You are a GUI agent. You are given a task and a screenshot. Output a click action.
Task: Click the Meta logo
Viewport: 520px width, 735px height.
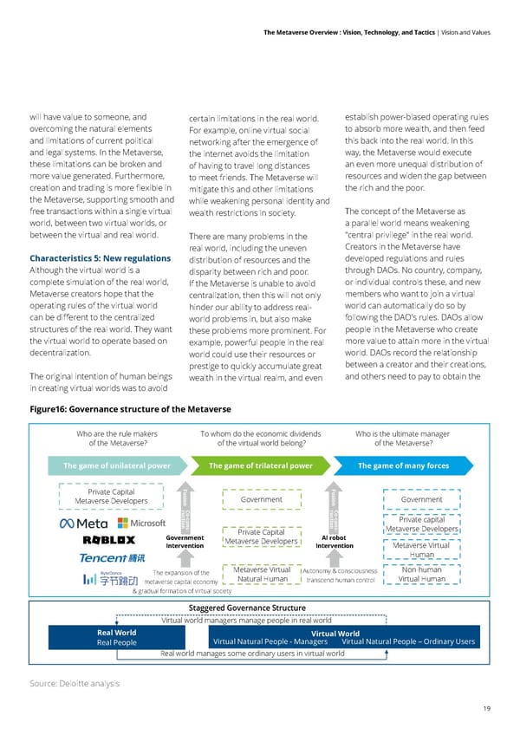coord(83,524)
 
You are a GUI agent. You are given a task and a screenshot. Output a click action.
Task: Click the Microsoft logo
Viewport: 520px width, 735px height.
coord(140,524)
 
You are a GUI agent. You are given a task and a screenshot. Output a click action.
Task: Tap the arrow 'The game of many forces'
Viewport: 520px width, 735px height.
coord(403,465)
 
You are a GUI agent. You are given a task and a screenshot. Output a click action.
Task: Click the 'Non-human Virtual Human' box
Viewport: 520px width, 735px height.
coord(422,575)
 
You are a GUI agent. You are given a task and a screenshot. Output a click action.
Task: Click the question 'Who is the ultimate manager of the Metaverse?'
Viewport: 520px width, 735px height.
coord(404,439)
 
